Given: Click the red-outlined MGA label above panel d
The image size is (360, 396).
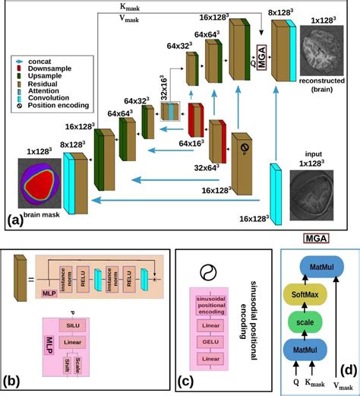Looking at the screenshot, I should [x=317, y=239].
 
